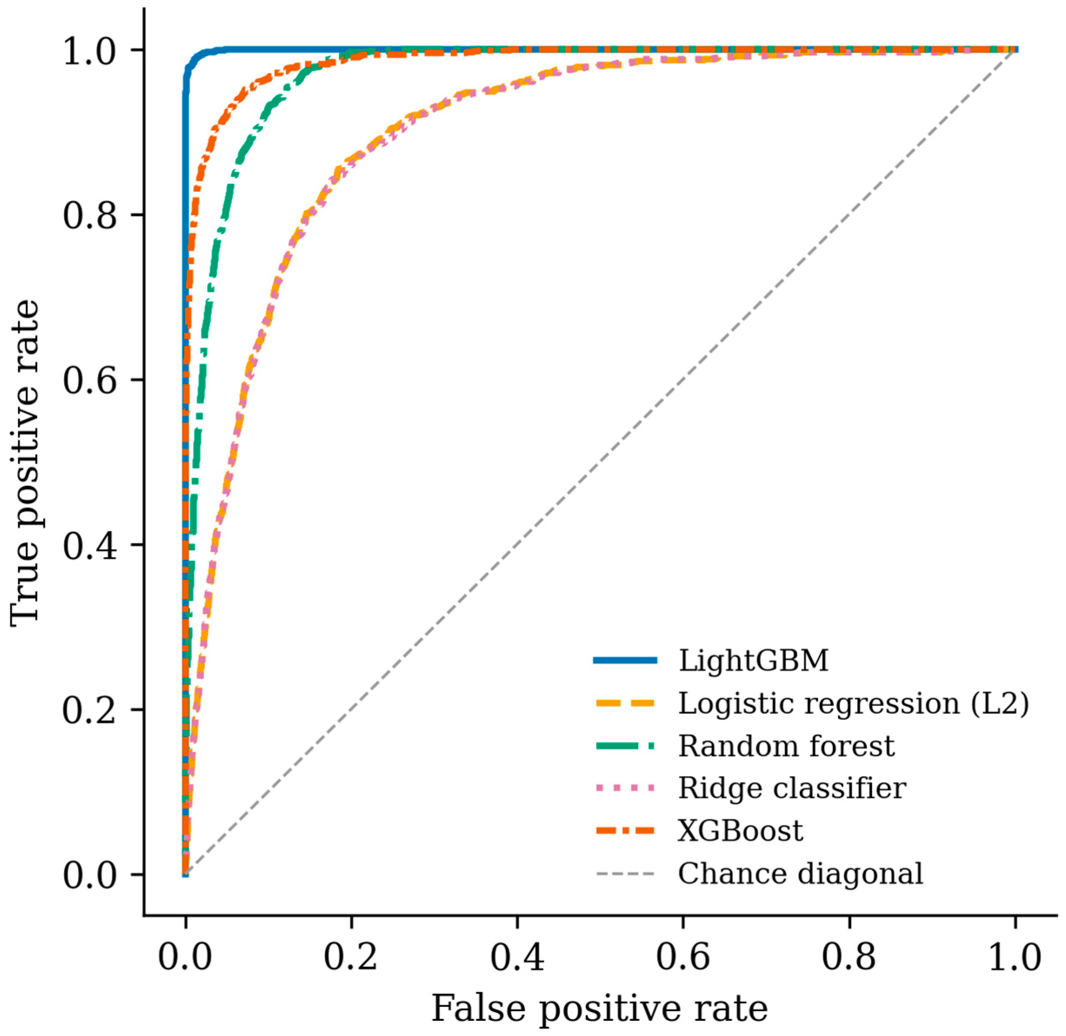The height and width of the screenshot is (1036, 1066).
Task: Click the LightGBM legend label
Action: coord(753,661)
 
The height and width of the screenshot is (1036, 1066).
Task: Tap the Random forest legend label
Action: coord(786,746)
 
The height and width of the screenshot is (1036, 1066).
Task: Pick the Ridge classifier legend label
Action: coord(792,788)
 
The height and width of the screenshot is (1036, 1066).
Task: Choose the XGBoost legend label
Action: coord(740,831)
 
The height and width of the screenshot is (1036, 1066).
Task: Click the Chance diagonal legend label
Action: coord(801,873)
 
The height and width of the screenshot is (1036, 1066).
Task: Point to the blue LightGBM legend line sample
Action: coord(625,661)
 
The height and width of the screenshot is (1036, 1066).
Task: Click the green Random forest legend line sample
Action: coord(625,746)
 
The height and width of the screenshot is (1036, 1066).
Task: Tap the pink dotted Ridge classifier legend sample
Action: coord(625,788)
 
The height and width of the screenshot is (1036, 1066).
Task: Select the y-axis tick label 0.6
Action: coord(90,380)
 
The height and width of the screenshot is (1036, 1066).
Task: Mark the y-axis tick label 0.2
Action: coord(90,710)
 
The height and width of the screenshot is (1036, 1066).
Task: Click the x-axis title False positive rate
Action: coord(600,1008)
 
